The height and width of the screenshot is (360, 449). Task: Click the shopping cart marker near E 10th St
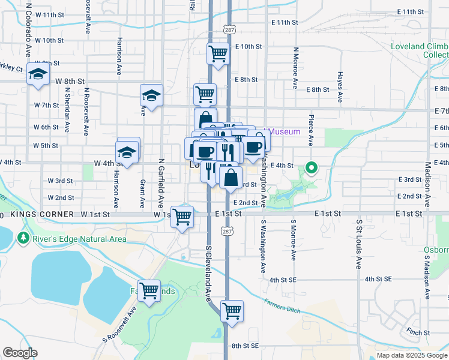point(217,54)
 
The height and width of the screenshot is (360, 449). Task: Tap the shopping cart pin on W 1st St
point(182,217)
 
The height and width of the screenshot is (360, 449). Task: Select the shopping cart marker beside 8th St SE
point(232,311)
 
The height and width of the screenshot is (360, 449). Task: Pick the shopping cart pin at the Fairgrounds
point(149,290)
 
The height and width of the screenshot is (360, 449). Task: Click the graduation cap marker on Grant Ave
point(151,95)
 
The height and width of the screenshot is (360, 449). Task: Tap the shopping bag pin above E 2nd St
point(231,177)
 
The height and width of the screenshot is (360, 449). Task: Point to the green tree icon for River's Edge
point(23,239)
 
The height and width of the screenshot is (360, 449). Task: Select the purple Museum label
point(285,132)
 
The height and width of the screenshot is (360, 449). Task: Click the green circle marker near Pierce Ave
point(312,169)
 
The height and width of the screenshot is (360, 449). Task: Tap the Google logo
point(20,353)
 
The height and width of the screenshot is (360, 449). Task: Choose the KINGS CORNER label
point(42,214)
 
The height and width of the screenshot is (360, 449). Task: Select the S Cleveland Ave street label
point(209,272)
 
